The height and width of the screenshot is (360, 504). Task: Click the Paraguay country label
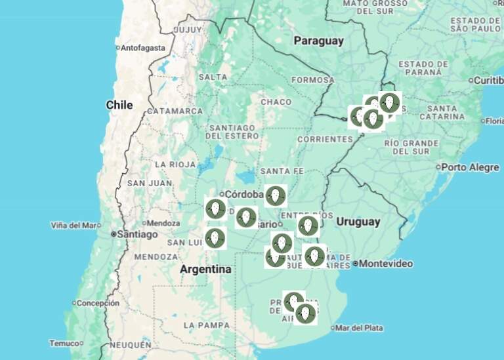pos(318,41)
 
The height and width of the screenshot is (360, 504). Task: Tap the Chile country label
pos(119,105)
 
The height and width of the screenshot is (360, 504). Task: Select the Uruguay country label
pos(358,222)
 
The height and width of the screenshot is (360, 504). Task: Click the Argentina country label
pos(205,270)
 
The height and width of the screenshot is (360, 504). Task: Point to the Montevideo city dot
pos(356,264)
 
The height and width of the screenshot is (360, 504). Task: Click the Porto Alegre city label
pos(469,167)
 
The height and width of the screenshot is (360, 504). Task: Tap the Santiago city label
pos(138,234)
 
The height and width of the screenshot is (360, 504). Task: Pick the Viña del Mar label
pos(75,226)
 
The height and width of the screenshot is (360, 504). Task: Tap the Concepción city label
pos(98,303)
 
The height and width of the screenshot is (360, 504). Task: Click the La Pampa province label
pos(207,325)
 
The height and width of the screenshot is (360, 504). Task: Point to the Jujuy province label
pos(188,30)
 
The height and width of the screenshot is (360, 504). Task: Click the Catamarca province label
pos(175,111)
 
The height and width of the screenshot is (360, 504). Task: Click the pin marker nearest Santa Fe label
pos(275,195)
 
